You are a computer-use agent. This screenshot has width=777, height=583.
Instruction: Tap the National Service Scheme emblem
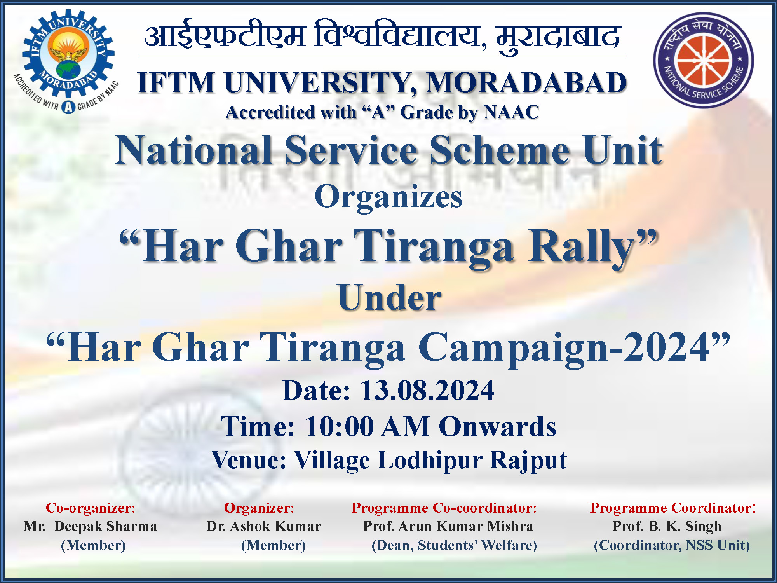pos(703,60)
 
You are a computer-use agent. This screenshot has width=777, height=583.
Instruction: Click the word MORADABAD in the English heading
pos(526,83)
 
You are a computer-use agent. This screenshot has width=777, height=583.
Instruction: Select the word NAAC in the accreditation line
pos(511,112)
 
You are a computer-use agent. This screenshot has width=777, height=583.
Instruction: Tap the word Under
pos(390,298)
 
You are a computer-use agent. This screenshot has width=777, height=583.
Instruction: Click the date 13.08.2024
pos(427,390)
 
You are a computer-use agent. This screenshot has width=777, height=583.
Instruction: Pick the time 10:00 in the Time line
pos(339,427)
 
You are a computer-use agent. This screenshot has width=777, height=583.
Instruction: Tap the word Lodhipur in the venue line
pos(430,461)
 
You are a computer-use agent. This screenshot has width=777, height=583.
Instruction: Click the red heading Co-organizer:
pos(91,508)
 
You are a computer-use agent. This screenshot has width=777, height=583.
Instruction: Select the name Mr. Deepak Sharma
pos(90,526)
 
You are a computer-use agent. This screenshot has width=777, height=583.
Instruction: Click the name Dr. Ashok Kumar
pos(264,526)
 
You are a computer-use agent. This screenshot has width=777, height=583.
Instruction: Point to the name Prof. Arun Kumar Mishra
pos(448,526)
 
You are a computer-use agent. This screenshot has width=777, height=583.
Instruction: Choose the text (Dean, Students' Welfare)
pos(454,545)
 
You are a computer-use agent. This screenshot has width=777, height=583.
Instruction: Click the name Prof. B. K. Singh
pos(667,526)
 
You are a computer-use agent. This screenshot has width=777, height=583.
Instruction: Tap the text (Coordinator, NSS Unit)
pos(672,545)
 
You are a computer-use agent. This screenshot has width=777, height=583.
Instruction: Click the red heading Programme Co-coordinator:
pos(444,508)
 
